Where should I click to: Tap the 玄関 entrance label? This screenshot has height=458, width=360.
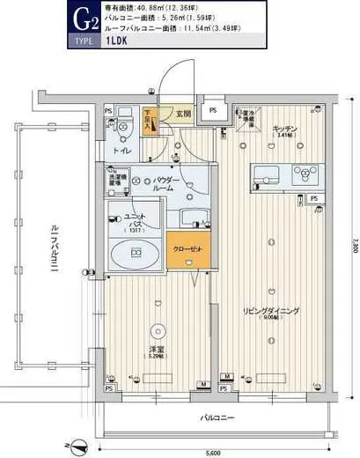tap(181, 114)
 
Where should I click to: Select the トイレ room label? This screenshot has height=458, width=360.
tap(120, 150)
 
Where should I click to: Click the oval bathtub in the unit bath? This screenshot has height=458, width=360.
tap(136, 254)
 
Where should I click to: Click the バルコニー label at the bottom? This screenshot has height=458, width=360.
tap(215, 417)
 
